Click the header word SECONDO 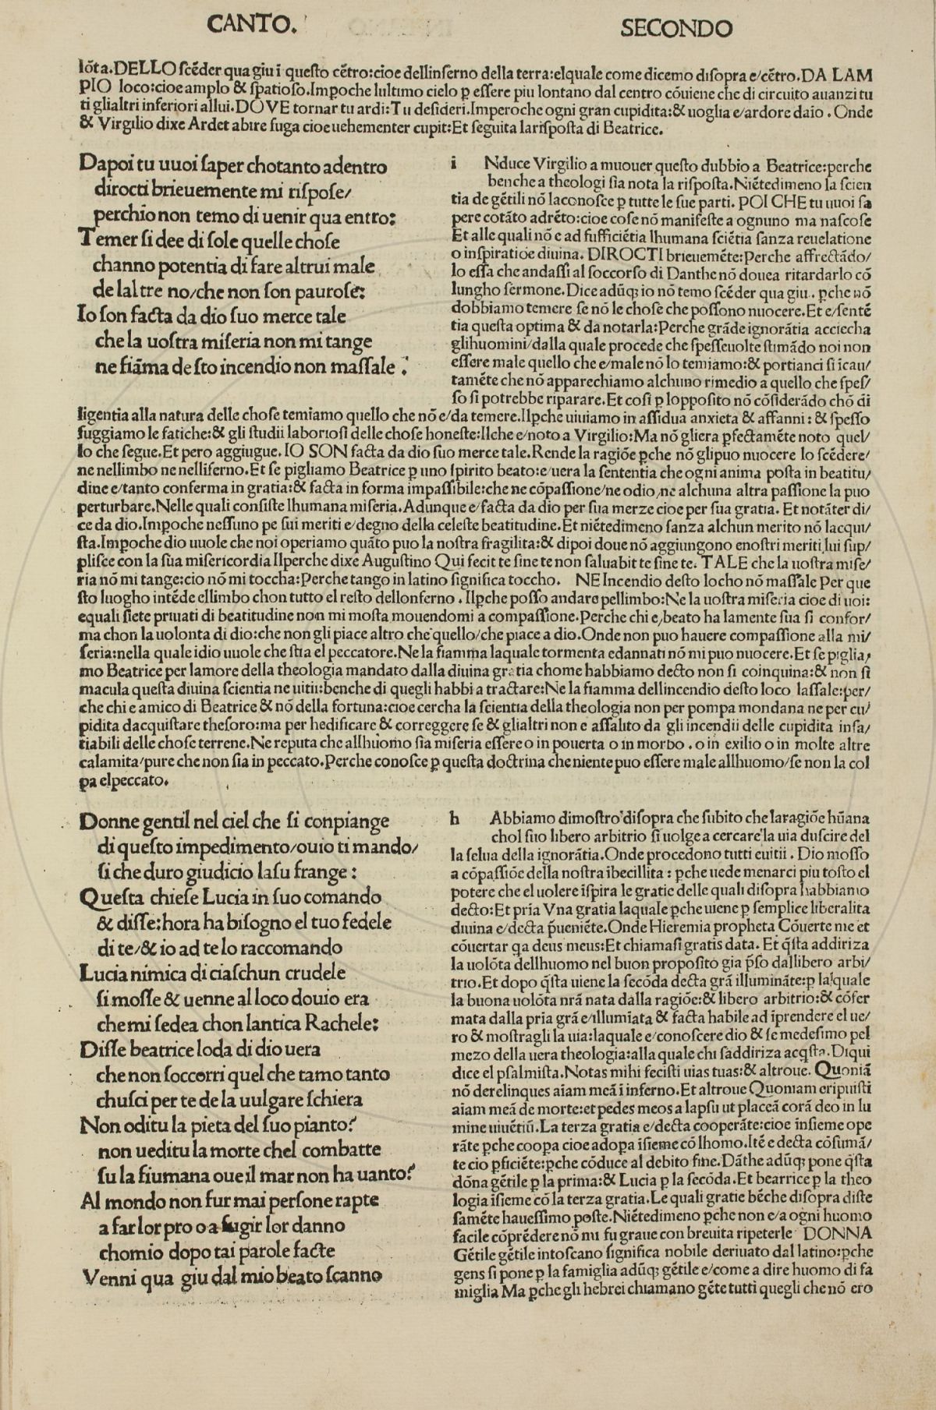[x=675, y=28]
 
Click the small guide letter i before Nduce [x=454, y=164]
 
